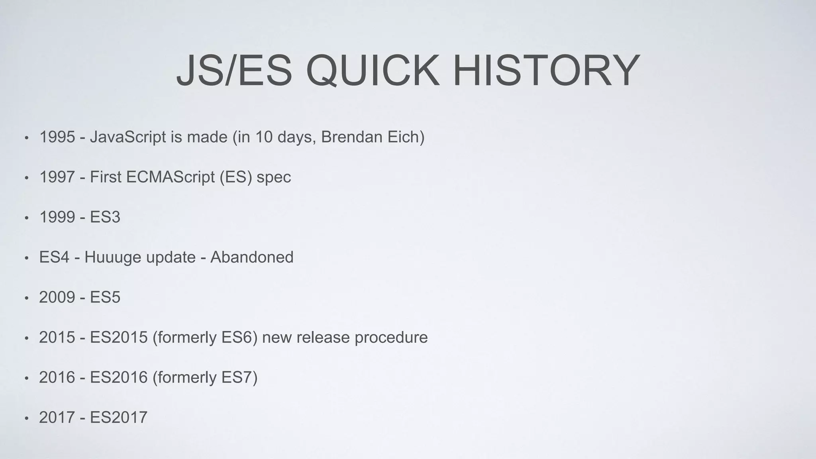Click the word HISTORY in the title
pyautogui.click(x=546, y=71)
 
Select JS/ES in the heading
pyautogui.click(x=234, y=71)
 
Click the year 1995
pyautogui.click(x=57, y=137)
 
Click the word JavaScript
pyautogui.click(x=127, y=137)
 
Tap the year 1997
pyautogui.click(x=57, y=177)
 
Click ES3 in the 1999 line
pyautogui.click(x=105, y=217)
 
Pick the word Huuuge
pyautogui.click(x=112, y=257)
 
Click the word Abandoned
pyautogui.click(x=252, y=257)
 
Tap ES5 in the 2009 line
pyautogui.click(x=105, y=297)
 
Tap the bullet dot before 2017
pyautogui.click(x=26, y=418)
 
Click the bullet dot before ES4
pyautogui.click(x=26, y=258)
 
